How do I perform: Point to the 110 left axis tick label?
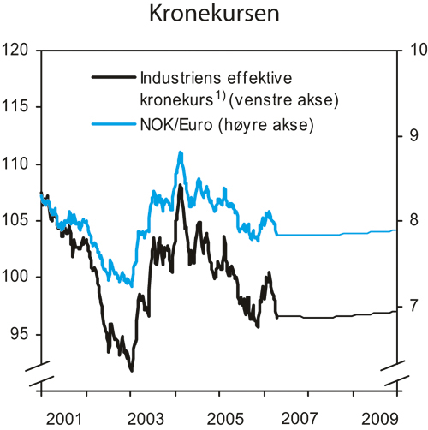coord(19,164)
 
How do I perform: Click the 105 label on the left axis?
coord(19,220)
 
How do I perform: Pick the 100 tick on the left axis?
coord(19,277)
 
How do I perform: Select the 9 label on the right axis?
coord(412,135)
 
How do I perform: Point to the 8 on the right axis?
coord(412,220)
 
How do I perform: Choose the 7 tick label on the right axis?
coord(412,305)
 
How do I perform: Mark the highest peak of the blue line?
coord(180,152)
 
